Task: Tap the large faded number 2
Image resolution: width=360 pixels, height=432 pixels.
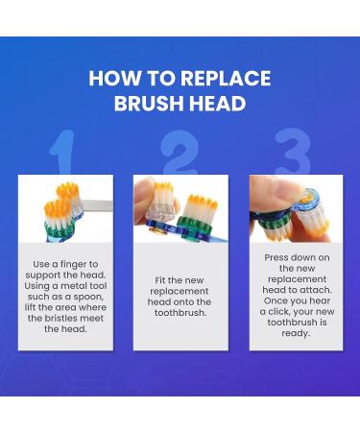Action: pyautogui.click(x=180, y=156)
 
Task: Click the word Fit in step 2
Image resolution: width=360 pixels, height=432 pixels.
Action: pyautogui.click(x=161, y=280)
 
